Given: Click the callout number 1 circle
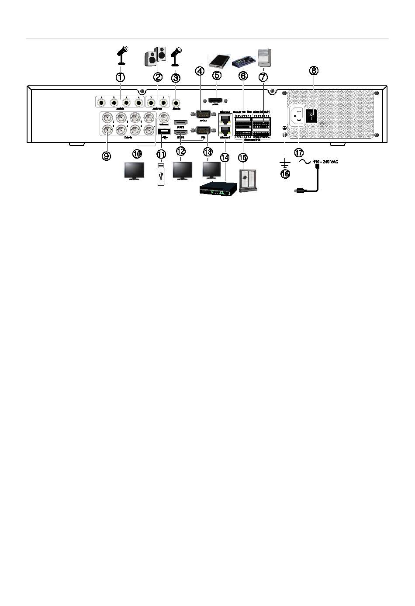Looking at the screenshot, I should click(120, 77).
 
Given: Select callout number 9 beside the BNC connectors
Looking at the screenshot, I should click(107, 156).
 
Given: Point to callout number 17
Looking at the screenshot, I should click(299, 153).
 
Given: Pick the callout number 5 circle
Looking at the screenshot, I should click(217, 75).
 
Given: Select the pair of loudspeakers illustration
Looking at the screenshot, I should click(156, 56).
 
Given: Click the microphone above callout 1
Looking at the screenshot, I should click(122, 55).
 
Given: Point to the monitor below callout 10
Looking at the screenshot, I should click(135, 171).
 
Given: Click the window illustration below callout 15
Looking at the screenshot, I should click(248, 181).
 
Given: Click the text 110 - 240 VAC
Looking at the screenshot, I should click(326, 162).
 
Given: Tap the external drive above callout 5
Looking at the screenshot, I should click(218, 60).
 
